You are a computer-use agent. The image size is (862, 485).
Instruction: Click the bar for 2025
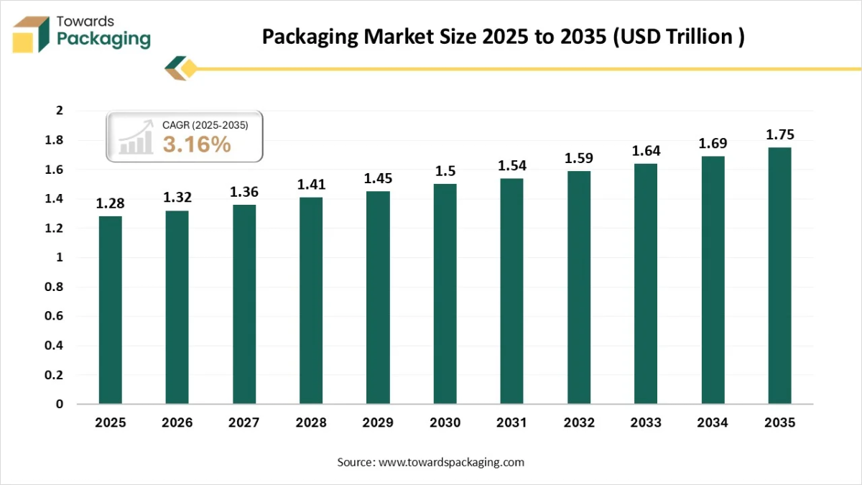click(111, 310)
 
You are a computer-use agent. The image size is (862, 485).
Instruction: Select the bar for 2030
click(445, 294)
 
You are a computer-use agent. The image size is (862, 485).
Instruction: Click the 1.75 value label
click(780, 134)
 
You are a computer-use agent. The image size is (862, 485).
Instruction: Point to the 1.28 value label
click(111, 203)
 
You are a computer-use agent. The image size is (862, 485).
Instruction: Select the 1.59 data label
click(579, 158)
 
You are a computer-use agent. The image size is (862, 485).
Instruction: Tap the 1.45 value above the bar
click(378, 178)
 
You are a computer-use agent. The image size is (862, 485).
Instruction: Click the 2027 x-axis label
click(244, 423)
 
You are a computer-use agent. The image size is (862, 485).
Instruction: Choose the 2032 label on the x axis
click(579, 423)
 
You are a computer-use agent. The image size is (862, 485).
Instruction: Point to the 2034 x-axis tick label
click(713, 423)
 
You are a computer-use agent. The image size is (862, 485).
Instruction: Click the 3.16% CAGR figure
click(197, 144)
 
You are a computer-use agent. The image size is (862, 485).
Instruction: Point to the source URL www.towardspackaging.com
click(451, 462)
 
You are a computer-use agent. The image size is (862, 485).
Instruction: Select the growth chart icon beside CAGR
click(136, 138)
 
